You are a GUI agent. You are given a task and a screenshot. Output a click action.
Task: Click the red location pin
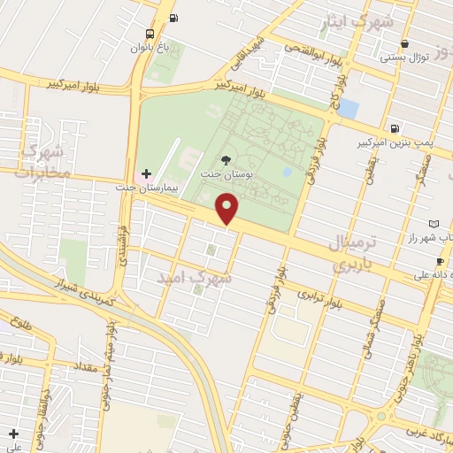tap(228, 209)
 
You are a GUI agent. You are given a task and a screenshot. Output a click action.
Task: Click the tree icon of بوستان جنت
tap(226, 160)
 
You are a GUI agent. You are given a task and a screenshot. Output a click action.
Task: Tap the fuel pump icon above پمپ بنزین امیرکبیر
tap(394, 127)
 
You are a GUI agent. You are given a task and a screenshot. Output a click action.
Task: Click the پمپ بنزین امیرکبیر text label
tap(395, 142)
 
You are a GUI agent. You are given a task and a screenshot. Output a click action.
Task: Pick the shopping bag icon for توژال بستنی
tap(404, 43)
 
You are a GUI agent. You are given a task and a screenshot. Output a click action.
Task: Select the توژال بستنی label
tap(404, 58)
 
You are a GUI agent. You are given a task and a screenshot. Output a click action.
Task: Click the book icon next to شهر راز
tap(432, 223)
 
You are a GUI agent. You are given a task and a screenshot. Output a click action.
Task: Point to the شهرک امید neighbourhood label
tap(194, 278)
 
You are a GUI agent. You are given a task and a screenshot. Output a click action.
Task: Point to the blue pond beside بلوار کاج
tap(348, 109)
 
